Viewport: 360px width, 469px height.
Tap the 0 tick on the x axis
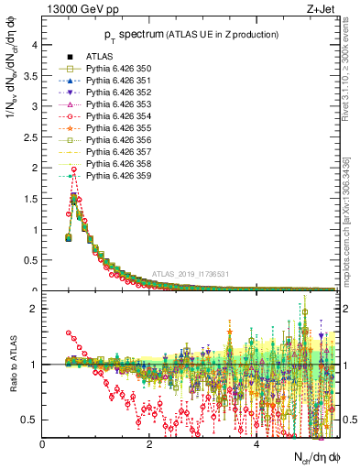(43, 444)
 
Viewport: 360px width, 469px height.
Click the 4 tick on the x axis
(256, 444)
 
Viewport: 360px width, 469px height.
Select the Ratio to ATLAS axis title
(12, 366)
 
